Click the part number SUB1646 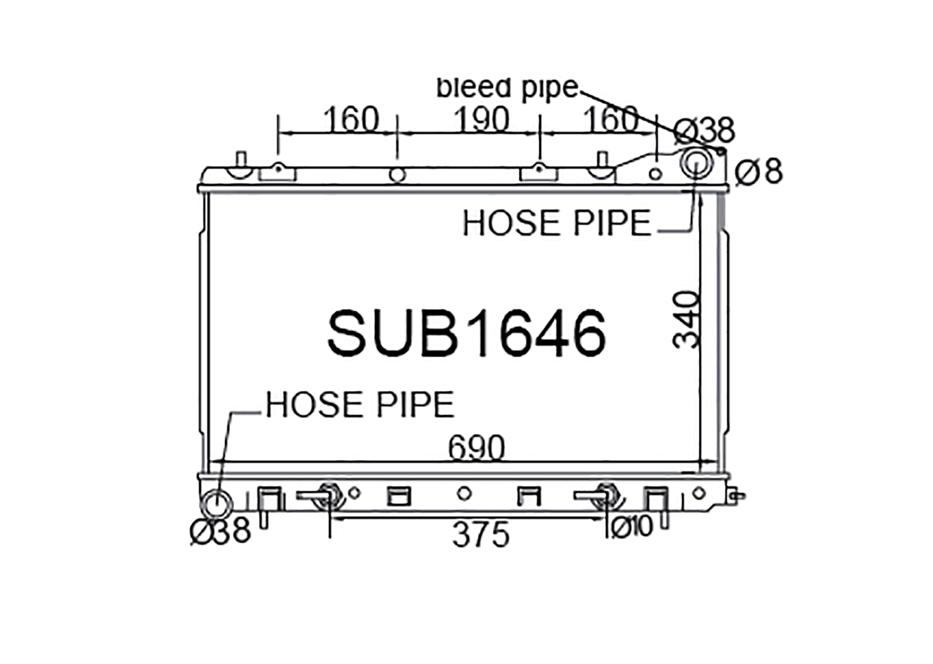tap(466, 333)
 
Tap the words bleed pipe tap(508, 89)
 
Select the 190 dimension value tap(481, 119)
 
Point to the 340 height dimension tap(686, 320)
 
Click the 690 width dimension tap(476, 448)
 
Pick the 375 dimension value tap(481, 535)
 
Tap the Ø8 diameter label tap(759, 172)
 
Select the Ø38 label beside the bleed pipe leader tap(705, 131)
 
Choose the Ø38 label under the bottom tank tap(220, 531)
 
